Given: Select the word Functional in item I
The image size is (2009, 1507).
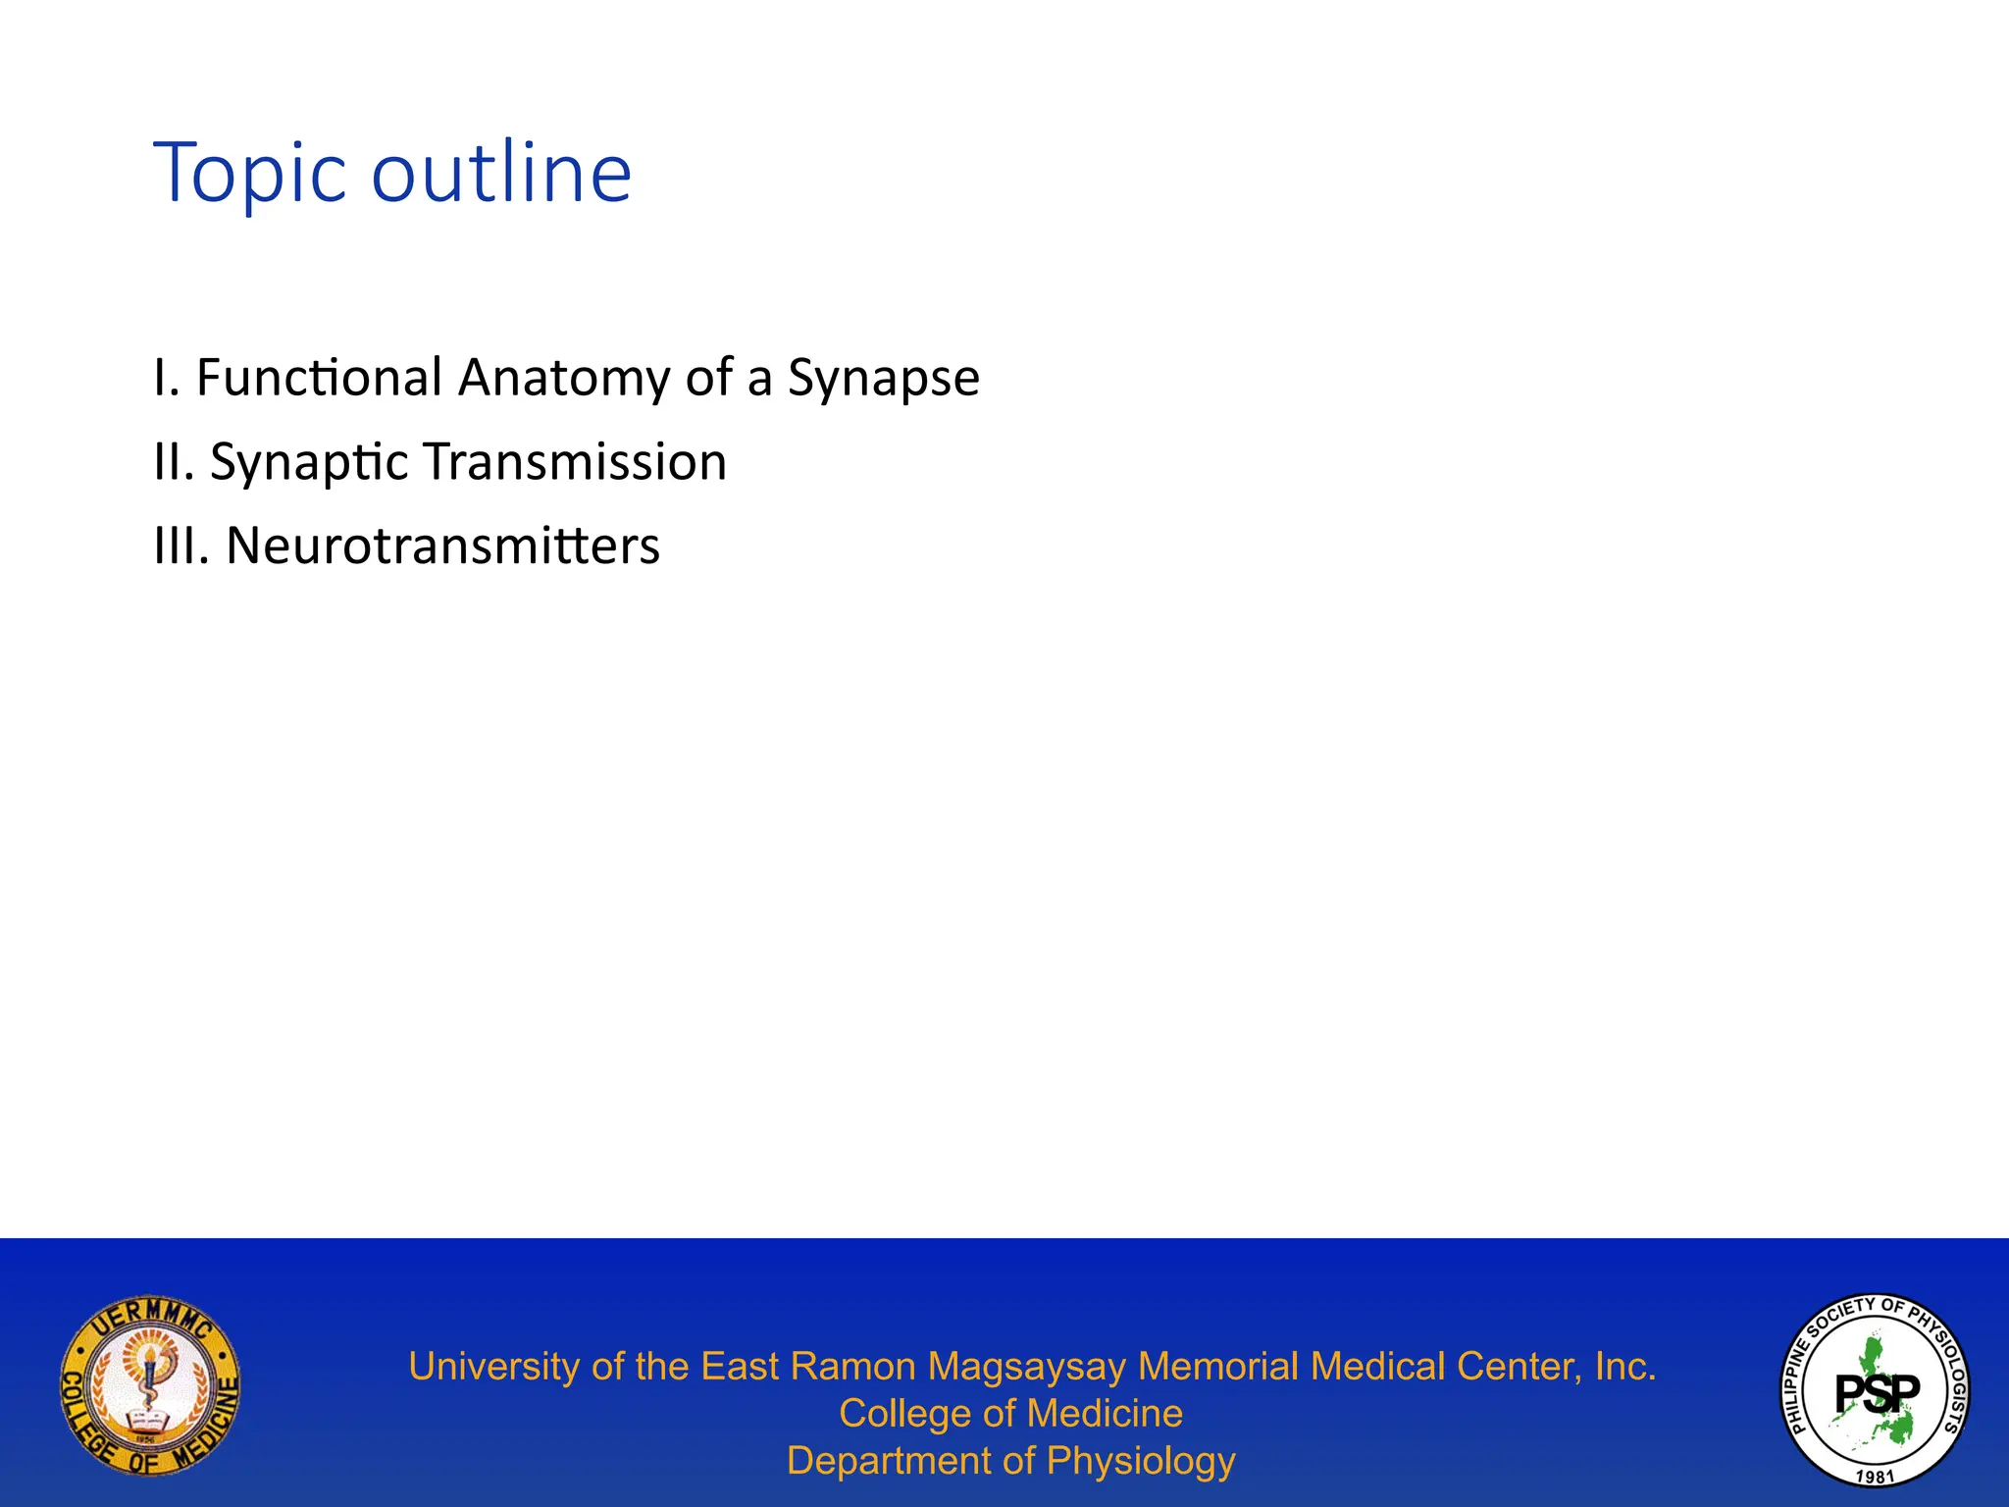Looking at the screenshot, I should tap(319, 378).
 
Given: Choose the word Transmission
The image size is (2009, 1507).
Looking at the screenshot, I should tap(575, 461).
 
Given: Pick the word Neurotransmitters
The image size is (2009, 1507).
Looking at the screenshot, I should tap(442, 546).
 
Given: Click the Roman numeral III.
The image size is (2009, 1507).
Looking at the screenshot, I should tap(181, 546).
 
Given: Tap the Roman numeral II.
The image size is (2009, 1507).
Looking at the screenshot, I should tap(173, 461).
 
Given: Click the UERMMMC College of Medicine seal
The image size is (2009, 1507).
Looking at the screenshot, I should tap(150, 1383).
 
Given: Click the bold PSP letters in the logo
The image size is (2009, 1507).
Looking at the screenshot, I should tap(1878, 1391).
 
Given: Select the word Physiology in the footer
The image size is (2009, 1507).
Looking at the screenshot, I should tap(1140, 1461).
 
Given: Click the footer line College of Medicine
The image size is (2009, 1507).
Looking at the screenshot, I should tap(1010, 1414).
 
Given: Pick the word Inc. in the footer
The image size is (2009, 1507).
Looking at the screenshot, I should tap(1624, 1367).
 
